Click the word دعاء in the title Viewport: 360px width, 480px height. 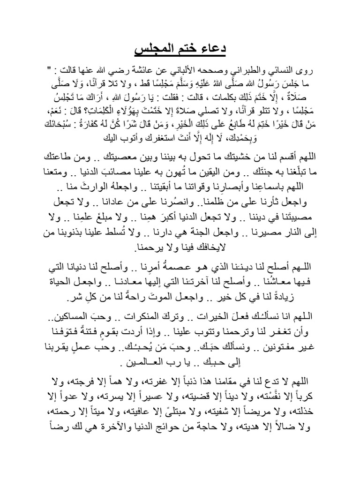(x=218, y=49)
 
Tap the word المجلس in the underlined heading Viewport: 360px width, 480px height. (x=151, y=49)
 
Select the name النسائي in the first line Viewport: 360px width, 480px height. (x=286, y=71)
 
